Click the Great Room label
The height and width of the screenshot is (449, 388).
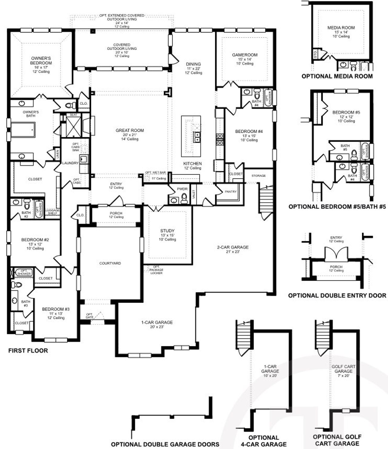pyautogui.click(x=130, y=131)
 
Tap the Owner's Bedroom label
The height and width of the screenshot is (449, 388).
pyautogui.click(x=41, y=61)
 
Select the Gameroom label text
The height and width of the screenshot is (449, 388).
pyautogui.click(x=245, y=55)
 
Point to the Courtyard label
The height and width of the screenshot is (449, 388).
pyautogui.click(x=110, y=263)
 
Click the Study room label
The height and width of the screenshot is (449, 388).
pyautogui.click(x=167, y=231)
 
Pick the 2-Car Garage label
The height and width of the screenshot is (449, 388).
pyautogui.click(x=232, y=247)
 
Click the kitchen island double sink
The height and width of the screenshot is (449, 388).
pyautogui.click(x=197, y=137)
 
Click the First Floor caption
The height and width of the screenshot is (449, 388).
pyautogui.click(x=28, y=351)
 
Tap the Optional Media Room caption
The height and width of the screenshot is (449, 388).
pyautogui.click(x=337, y=76)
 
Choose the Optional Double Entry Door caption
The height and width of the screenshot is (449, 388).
pyautogui.click(x=337, y=295)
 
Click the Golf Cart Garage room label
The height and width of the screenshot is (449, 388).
pyautogui.click(x=343, y=369)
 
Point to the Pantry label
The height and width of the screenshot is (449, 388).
pyautogui.click(x=230, y=191)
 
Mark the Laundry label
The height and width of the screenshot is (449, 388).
pyautogui.click(x=70, y=163)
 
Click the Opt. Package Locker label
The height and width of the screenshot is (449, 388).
pyautogui.click(x=156, y=270)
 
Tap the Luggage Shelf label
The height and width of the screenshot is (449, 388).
pyautogui.click(x=52, y=211)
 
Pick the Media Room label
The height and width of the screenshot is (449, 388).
pyautogui.click(x=341, y=28)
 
